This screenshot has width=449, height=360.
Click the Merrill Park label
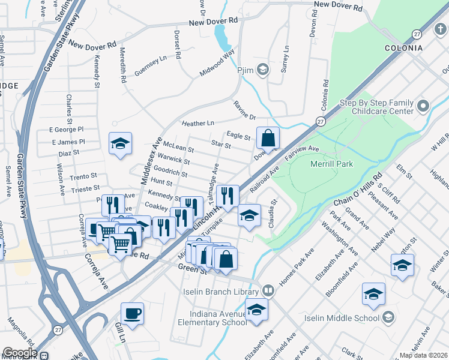(331, 164)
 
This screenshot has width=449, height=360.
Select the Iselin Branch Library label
(225, 292)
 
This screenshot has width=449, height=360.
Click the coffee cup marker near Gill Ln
(132, 313)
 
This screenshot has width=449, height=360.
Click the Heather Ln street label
(197, 123)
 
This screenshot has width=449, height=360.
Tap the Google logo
(20, 353)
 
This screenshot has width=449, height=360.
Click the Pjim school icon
(262, 70)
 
